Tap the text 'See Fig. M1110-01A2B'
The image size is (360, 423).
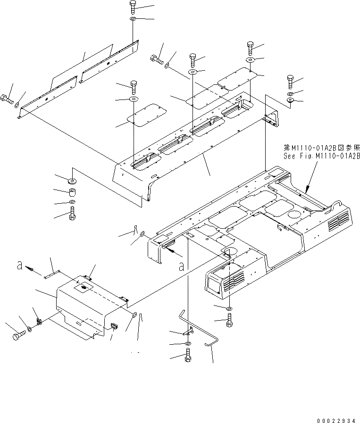tap(321, 156)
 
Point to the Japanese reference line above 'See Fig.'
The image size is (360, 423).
tap(322, 148)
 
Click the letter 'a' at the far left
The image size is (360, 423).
tap(19, 265)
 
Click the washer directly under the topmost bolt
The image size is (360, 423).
tap(133, 19)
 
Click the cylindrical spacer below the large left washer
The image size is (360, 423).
tap(72, 193)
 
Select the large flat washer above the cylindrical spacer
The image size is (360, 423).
tap(72, 181)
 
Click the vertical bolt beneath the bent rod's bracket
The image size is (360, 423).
tap(187, 358)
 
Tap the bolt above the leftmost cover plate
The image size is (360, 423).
tap(133, 86)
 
